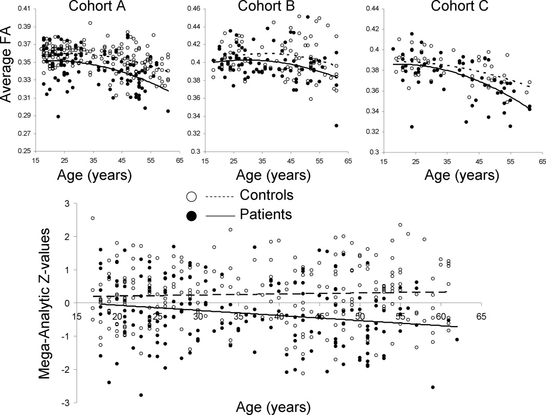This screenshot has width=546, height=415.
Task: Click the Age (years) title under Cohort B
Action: click(x=269, y=174)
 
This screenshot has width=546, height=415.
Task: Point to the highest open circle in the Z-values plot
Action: click(x=92, y=218)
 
